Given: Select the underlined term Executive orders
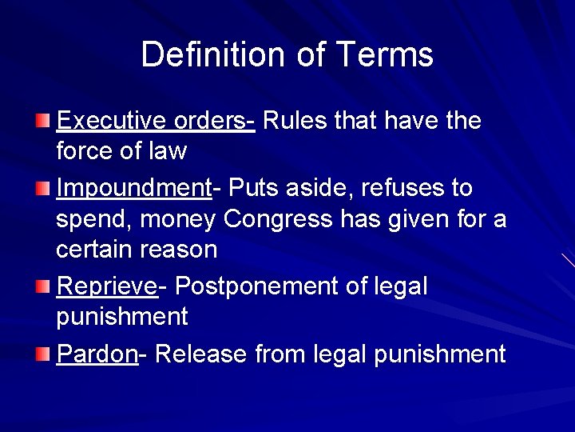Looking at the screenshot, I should pyautogui.click(x=155, y=121).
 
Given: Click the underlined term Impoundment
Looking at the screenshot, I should pyautogui.click(x=133, y=188).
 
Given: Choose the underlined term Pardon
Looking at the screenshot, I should pyautogui.click(x=97, y=353).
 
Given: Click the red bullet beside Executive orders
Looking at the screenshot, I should pyautogui.click(x=44, y=122).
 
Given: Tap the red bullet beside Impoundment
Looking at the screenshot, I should pyautogui.click(x=44, y=189).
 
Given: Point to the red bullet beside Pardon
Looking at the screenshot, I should pyautogui.click(x=44, y=354).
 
